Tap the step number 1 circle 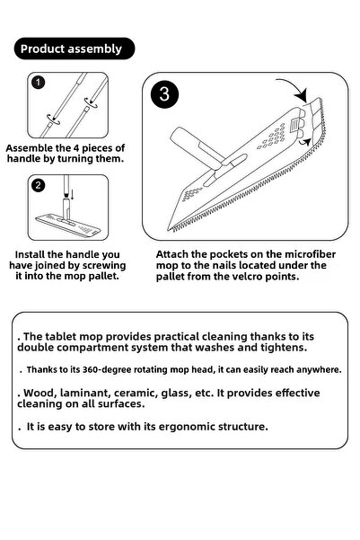click(37, 83)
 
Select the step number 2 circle click(37, 186)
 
